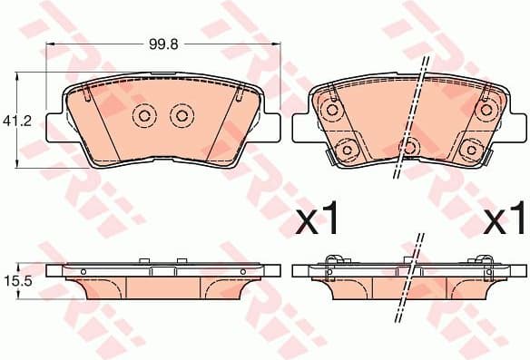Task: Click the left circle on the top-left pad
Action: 143,115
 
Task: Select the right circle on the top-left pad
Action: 182,115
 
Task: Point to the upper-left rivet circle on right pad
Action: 330,110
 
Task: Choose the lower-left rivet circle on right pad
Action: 346,148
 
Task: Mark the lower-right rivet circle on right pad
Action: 470,148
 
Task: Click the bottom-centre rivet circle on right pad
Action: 408,147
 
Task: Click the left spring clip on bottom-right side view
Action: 332,263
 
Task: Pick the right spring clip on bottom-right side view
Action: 486,263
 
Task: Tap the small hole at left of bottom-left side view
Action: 83,271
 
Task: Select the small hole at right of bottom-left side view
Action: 243,271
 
